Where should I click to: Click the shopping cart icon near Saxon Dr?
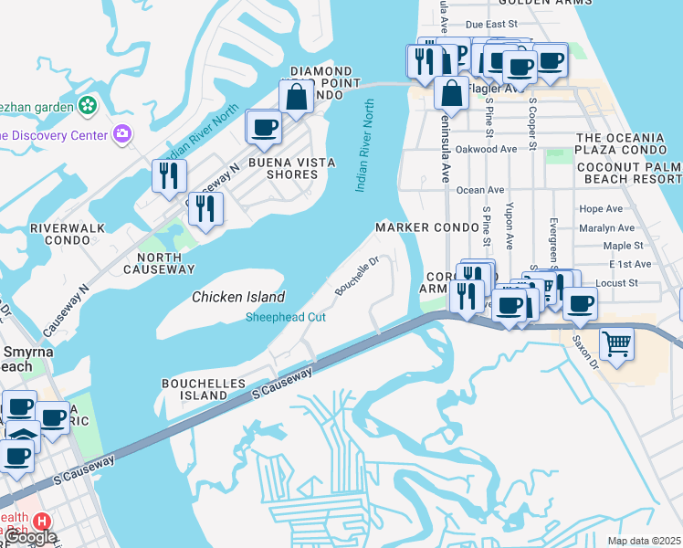(x=617, y=344)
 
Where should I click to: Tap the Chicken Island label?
(x=238, y=297)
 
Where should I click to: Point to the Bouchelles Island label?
(x=194, y=389)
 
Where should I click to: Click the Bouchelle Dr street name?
(x=356, y=275)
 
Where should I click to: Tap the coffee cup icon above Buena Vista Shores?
(x=264, y=126)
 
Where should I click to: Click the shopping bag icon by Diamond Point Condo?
(x=297, y=95)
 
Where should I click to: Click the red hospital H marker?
(x=41, y=522)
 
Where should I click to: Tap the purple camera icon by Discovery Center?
(x=122, y=135)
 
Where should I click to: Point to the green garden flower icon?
(x=88, y=106)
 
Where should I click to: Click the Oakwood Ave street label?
(x=486, y=148)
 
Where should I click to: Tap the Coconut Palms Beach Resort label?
(x=628, y=173)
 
